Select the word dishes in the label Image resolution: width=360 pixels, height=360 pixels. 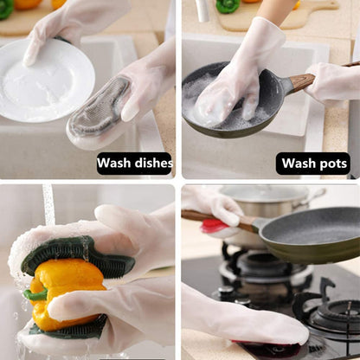[x=154, y=163]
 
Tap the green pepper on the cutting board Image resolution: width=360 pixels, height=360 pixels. [x=227, y=6]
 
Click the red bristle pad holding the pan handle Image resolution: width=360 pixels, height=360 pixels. [x=213, y=227]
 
